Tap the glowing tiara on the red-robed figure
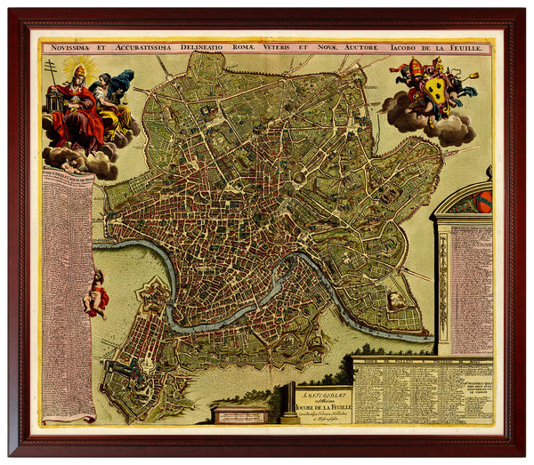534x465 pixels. pyautogui.click(x=79, y=69)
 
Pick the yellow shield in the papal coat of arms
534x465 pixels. pyautogui.click(x=436, y=90)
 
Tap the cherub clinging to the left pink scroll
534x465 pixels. pyautogui.click(x=95, y=294)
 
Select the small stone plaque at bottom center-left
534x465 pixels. pyautogui.click(x=240, y=414)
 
